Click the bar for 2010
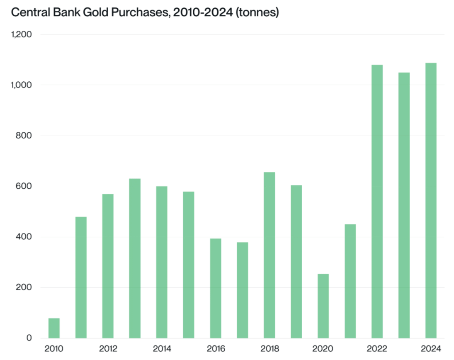pyautogui.click(x=54, y=328)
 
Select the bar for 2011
pyautogui.click(x=81, y=277)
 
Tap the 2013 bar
pyautogui.click(x=135, y=258)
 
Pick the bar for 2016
pyautogui.click(x=216, y=288)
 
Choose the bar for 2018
pyautogui.click(x=269, y=255)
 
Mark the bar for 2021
pyautogui.click(x=350, y=281)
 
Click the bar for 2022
pyautogui.click(x=377, y=201)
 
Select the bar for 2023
pyautogui.click(x=404, y=205)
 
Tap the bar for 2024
pyautogui.click(x=431, y=200)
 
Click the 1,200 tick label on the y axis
pyautogui.click(x=22, y=34)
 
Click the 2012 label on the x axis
pyautogui.click(x=108, y=349)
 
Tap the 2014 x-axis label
pyautogui.click(x=162, y=349)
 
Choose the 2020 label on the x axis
pyautogui.click(x=323, y=349)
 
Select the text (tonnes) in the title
pyautogui.click(x=258, y=12)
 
